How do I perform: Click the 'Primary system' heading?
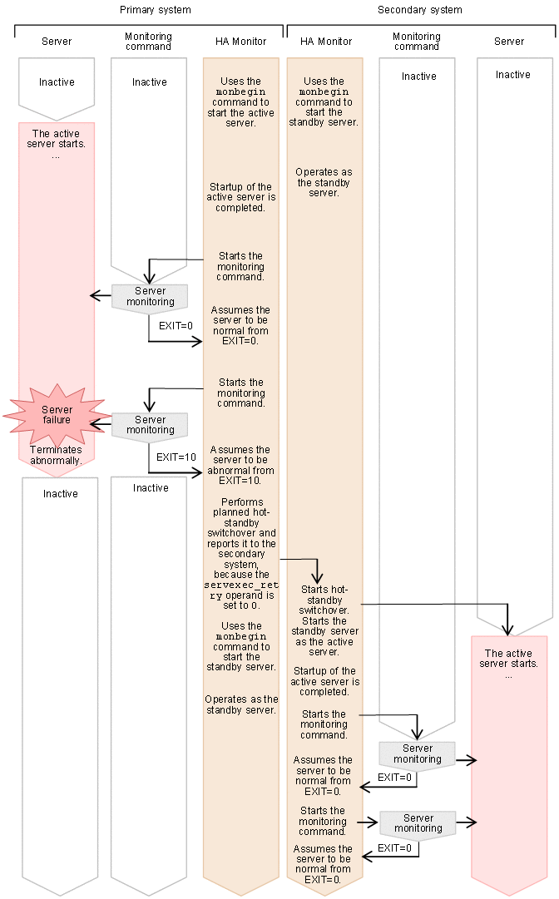(x=155, y=10)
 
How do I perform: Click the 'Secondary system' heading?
(x=419, y=10)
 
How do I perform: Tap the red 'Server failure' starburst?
(x=57, y=415)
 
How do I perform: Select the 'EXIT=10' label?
(x=176, y=457)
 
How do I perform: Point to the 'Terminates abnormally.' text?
(x=57, y=455)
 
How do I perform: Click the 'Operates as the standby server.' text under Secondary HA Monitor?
(x=324, y=182)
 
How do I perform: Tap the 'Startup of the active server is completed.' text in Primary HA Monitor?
(x=241, y=198)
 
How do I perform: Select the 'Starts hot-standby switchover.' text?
(x=324, y=600)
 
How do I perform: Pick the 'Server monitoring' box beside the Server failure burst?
(x=151, y=425)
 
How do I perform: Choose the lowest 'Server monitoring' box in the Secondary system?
(x=418, y=823)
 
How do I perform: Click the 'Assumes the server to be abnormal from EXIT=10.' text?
(x=241, y=465)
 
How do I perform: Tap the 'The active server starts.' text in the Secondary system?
(x=508, y=659)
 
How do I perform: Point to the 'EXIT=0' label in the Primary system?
(x=176, y=326)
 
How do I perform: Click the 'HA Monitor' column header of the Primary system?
(x=241, y=42)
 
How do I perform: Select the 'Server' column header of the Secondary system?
(x=509, y=42)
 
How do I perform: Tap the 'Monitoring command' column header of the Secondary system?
(x=417, y=42)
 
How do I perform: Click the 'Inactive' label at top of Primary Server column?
(x=57, y=82)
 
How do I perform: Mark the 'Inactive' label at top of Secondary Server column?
(x=513, y=75)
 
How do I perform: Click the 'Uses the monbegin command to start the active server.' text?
(x=241, y=102)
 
